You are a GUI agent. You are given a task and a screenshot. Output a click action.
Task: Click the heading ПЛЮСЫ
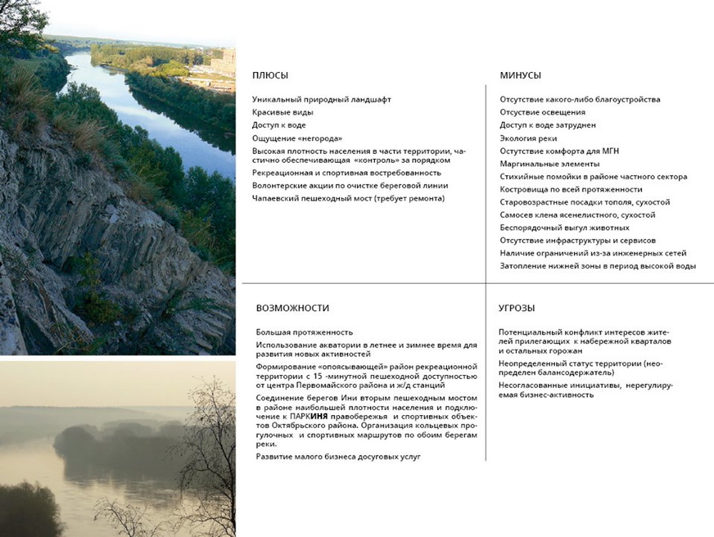[270, 76]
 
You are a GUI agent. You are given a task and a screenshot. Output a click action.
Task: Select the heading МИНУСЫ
[521, 76]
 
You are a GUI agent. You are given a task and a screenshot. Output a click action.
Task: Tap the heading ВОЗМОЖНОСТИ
[293, 308]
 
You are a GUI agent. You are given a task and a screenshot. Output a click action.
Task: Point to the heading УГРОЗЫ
[517, 308]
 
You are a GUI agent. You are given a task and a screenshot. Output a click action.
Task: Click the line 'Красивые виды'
[283, 113]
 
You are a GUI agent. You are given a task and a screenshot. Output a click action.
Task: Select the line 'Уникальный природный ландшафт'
[321, 100]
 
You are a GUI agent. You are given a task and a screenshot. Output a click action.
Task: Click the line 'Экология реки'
[528, 138]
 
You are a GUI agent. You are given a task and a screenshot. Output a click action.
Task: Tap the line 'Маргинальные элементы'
[540, 163]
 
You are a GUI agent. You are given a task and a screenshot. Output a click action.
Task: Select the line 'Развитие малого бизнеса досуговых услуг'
[338, 456]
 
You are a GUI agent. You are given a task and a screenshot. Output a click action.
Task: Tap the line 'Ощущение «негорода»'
[293, 138]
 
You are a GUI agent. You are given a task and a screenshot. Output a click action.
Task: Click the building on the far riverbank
[223, 63]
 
